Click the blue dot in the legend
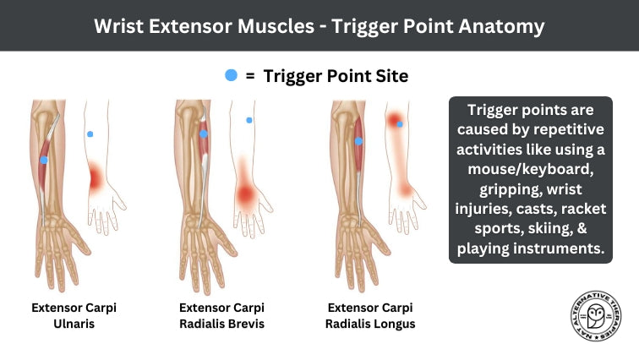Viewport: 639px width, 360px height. pyautogui.click(x=231, y=75)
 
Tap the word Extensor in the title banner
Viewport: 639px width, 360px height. pyautogui.click(x=198, y=25)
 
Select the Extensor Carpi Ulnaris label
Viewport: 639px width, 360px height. pyautogui.click(x=74, y=315)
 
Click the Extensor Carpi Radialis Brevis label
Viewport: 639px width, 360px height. pyautogui.click(x=221, y=315)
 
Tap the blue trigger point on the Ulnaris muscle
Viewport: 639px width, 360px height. pyautogui.click(x=44, y=160)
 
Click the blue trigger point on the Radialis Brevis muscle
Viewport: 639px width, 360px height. pyautogui.click(x=203, y=134)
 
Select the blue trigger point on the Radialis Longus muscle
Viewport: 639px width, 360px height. pyautogui.click(x=358, y=141)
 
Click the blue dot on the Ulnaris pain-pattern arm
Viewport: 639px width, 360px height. pyautogui.click(x=90, y=134)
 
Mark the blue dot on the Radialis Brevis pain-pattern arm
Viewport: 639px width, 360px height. pyautogui.click(x=249, y=120)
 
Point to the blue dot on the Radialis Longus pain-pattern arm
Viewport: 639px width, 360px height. pyautogui.click(x=400, y=124)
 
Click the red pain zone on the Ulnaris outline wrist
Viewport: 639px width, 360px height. pyautogui.click(x=95, y=177)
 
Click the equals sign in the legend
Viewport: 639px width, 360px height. pyautogui.click(x=250, y=76)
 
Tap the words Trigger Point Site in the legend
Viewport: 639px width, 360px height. pyautogui.click(x=336, y=76)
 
